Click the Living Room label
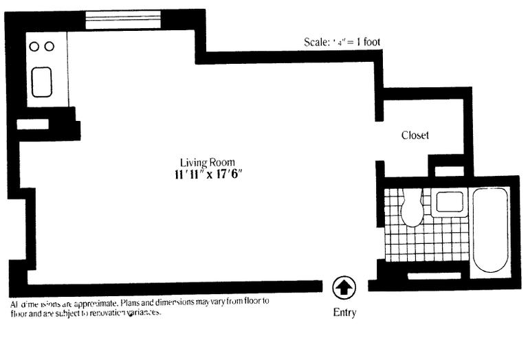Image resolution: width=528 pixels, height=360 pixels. [x=208, y=162]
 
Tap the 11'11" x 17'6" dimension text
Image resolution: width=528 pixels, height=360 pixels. [x=208, y=175]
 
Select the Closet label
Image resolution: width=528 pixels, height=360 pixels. [x=415, y=135]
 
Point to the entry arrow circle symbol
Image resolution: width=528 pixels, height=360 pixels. [x=344, y=286]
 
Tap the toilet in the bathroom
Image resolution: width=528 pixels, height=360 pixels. [x=412, y=209]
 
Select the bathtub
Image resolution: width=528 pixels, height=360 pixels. [x=490, y=231]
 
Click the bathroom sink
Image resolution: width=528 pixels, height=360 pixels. [x=450, y=202]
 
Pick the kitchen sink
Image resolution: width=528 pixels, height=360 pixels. [x=41, y=82]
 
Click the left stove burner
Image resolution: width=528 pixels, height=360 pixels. [x=34, y=47]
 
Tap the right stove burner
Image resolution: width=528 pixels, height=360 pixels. [x=49, y=47]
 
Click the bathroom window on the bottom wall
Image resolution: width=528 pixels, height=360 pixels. [x=434, y=276]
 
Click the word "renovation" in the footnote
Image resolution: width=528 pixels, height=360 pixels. [x=104, y=313]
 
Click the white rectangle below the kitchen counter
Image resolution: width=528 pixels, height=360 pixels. [x=32, y=124]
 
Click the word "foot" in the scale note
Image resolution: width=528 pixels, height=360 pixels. [x=371, y=42]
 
